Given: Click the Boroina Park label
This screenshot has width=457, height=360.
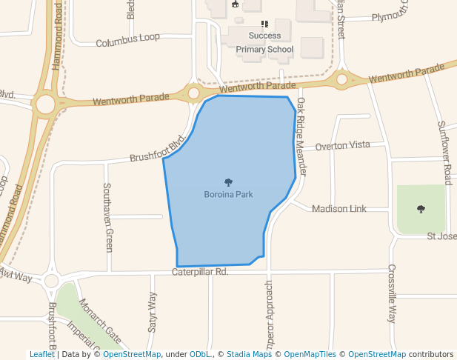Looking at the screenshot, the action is click(228, 195).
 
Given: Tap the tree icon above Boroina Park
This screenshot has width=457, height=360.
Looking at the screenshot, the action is click(228, 182).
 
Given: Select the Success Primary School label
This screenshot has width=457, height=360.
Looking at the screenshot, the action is click(264, 43).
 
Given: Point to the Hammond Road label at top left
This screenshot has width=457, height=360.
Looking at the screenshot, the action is click(57, 36).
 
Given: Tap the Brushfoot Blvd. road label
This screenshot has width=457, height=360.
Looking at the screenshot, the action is click(157, 150).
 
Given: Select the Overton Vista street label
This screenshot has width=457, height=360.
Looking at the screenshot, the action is click(341, 146).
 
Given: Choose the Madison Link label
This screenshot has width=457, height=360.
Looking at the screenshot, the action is click(338, 209).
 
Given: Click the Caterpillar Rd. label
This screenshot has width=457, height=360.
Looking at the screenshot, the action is click(200, 273).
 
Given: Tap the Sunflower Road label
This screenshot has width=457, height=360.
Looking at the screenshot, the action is click(444, 153).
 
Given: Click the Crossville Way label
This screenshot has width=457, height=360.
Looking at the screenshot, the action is click(392, 293).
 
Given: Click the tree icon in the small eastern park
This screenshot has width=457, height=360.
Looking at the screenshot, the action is click(421, 209).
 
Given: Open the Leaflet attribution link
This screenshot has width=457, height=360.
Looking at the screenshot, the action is click(42, 354).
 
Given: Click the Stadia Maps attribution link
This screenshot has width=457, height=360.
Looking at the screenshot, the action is click(249, 354).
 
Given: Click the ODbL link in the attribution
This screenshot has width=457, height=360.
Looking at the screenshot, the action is click(200, 354).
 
